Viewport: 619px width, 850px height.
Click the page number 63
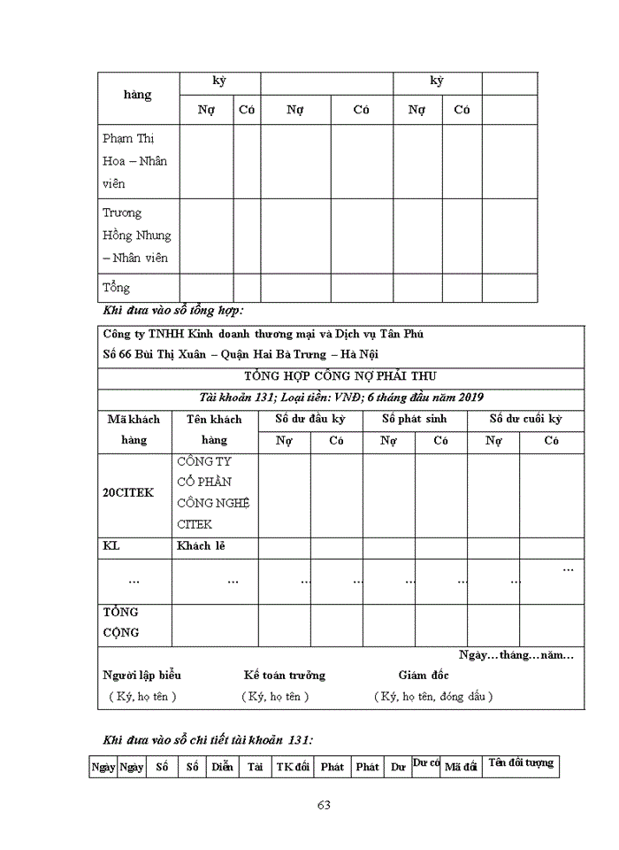pyautogui.click(x=324, y=805)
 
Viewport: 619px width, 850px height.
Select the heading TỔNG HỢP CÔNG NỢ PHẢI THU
pyautogui.click(x=340, y=376)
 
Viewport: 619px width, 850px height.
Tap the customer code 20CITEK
pyautogui.click(x=128, y=493)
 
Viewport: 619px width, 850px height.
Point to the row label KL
pyautogui.click(x=111, y=546)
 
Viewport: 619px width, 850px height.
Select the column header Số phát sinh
pyautogui.click(x=415, y=419)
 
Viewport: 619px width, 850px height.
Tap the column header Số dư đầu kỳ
pyautogui.click(x=310, y=419)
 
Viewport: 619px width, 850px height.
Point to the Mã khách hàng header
pyautogui.click(x=134, y=429)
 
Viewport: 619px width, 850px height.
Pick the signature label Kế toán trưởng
pyautogui.click(x=285, y=676)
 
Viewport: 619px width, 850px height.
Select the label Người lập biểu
pyautogui.click(x=142, y=676)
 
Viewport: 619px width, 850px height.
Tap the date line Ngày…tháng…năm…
pyautogui.click(x=516, y=655)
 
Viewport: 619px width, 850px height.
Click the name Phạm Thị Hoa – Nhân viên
pyautogui.click(x=134, y=161)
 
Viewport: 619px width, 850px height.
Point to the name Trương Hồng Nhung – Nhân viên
pyautogui.click(x=137, y=236)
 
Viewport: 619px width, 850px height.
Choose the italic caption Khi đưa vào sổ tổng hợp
pyautogui.click(x=173, y=311)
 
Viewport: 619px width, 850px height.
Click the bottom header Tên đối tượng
pyautogui.click(x=521, y=762)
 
